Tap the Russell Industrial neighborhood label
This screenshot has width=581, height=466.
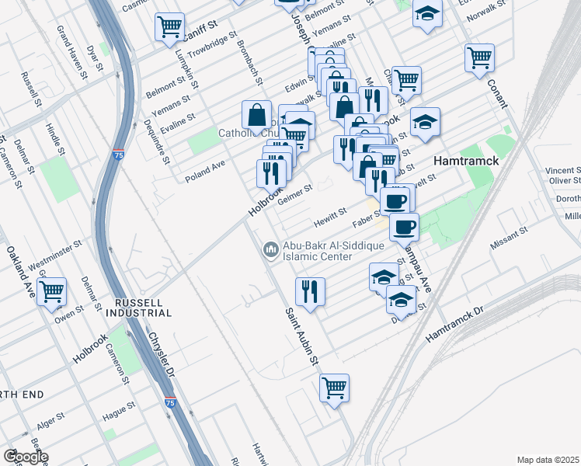(x=142, y=307)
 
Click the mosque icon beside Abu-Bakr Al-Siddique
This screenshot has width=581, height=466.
(x=270, y=249)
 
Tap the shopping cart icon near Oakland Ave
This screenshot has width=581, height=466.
(x=52, y=293)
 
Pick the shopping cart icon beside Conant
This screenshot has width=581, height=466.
(x=479, y=57)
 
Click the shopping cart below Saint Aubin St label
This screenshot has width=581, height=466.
(x=334, y=388)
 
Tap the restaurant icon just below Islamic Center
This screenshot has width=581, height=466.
(x=310, y=292)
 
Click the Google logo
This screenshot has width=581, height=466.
(x=25, y=457)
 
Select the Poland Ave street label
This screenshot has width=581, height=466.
(x=204, y=171)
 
